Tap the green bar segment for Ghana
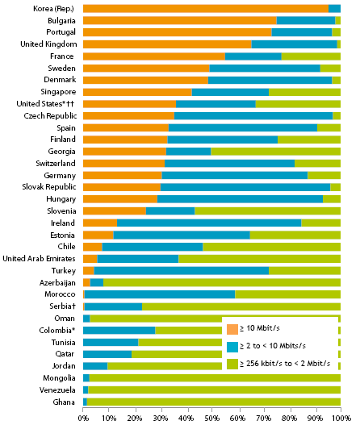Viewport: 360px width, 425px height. click(x=213, y=402)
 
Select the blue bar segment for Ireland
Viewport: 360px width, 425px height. click(x=209, y=223)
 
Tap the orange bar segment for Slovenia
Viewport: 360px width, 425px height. click(x=114, y=210)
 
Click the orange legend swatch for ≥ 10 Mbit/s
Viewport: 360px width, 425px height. click(x=232, y=328)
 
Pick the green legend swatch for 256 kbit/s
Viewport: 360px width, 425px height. click(x=232, y=364)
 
